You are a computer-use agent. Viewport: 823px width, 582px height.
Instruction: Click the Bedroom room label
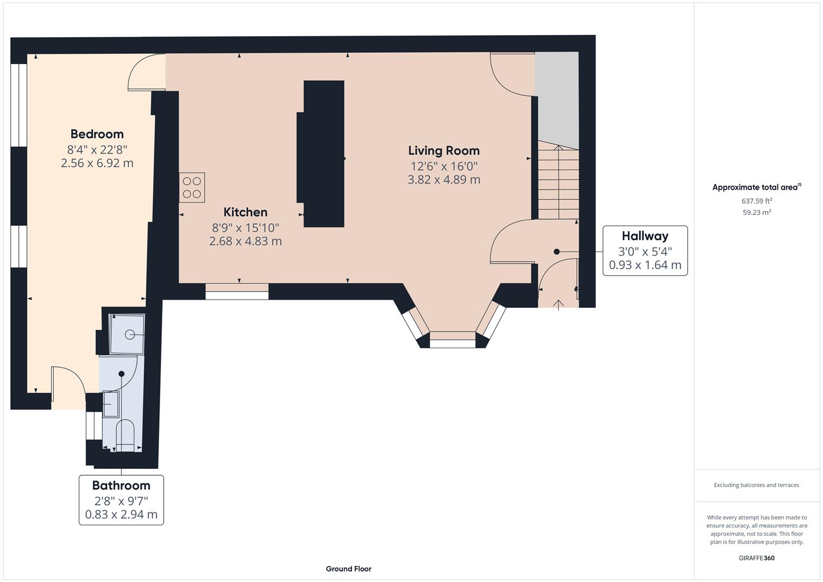coord(97,134)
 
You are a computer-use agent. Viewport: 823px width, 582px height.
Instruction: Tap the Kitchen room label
coord(245,212)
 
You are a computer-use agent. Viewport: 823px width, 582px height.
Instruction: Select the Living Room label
coord(444,150)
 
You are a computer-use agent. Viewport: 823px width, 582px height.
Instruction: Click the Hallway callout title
coord(645,235)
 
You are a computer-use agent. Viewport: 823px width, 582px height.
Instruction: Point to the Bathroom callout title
coord(121,485)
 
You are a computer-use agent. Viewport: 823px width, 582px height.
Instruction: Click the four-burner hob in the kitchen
coord(192,188)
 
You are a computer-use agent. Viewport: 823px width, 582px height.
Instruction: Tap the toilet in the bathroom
coord(125,434)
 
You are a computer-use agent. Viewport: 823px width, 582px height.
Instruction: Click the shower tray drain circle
coord(130,335)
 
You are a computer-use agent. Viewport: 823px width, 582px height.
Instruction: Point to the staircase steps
coord(558,183)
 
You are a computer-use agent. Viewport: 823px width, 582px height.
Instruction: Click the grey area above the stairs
coord(557,97)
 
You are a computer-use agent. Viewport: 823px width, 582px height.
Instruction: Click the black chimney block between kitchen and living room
coord(323,154)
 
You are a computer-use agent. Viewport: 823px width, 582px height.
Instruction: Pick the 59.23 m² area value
coord(757,212)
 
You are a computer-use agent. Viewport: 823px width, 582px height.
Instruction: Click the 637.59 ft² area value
coord(757,201)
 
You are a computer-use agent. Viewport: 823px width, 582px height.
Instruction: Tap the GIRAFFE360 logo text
coord(757,558)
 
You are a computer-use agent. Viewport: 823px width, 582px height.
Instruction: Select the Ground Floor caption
coord(348,569)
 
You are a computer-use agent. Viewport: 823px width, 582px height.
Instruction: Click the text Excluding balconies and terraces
coord(756,485)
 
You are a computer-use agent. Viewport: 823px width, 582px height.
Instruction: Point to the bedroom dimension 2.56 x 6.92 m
coord(97,163)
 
